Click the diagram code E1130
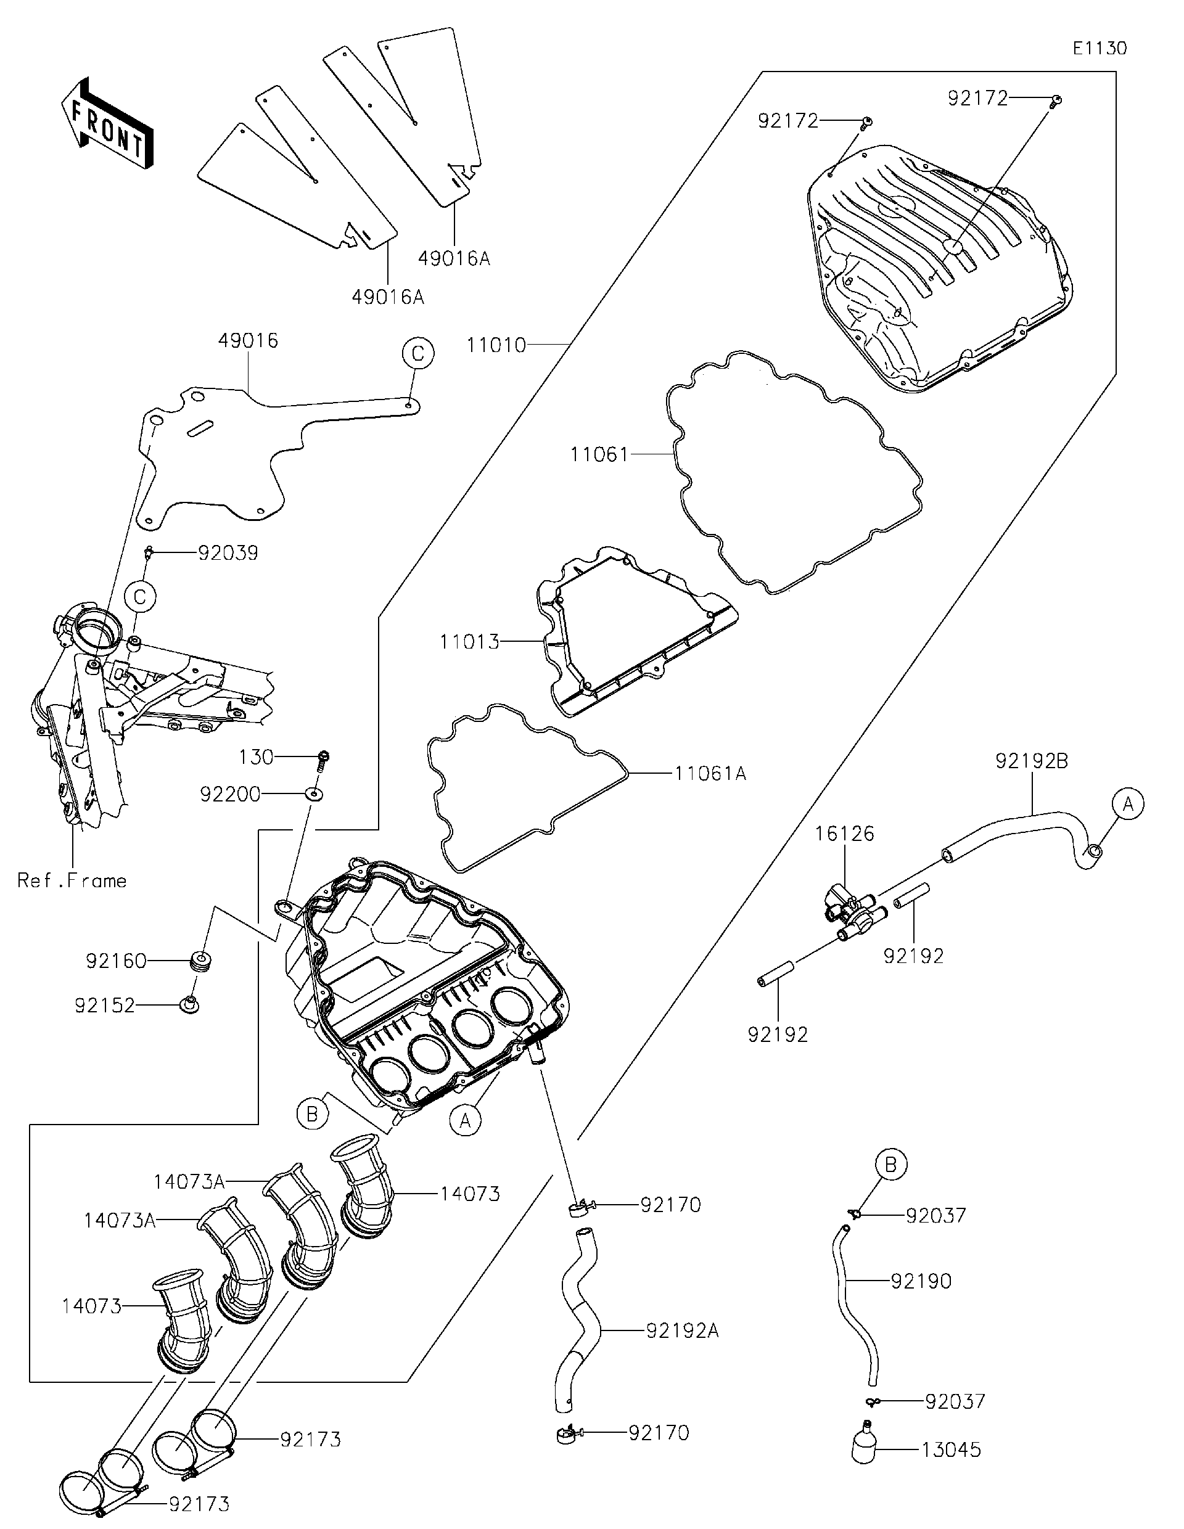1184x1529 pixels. click(x=1100, y=48)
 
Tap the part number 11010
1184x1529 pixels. click(x=496, y=345)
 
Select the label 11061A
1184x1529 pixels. click(x=710, y=774)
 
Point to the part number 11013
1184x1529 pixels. click(x=469, y=641)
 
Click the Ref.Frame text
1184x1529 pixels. click(x=72, y=880)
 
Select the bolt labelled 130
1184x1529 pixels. click(x=323, y=759)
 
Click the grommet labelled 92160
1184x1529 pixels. click(x=200, y=961)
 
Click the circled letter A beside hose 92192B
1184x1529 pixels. click(x=1128, y=804)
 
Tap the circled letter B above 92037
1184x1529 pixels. click(x=890, y=1165)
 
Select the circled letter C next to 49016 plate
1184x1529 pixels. click(x=417, y=353)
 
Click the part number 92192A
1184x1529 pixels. click(x=682, y=1331)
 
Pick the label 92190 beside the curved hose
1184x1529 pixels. click(x=921, y=1281)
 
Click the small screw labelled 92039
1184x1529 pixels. click(x=149, y=554)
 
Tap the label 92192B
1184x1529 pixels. click(x=1031, y=761)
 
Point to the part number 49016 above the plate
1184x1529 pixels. click(x=248, y=341)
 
